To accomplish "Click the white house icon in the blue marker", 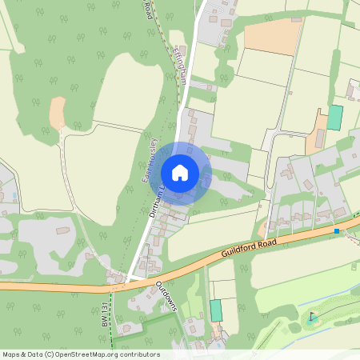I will [180, 173].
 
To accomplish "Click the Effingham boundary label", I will [178, 62].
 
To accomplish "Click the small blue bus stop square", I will [337, 231].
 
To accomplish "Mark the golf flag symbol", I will [312, 317].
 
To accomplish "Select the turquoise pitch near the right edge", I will [334, 118].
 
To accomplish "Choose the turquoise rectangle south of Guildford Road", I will [215, 310].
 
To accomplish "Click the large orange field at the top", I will [272, 36].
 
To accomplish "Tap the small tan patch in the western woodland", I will [58, 114].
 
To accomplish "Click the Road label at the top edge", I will [147, 10].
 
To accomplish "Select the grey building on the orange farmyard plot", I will [319, 138].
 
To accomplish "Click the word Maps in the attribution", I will [11, 354].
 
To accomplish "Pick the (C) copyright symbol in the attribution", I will [49, 354].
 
